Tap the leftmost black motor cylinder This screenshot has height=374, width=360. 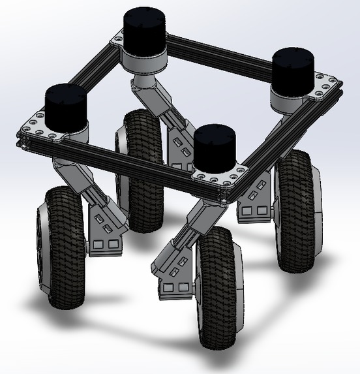65,106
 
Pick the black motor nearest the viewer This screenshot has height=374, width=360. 215,148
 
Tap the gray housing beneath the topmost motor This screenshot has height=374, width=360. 145,61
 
